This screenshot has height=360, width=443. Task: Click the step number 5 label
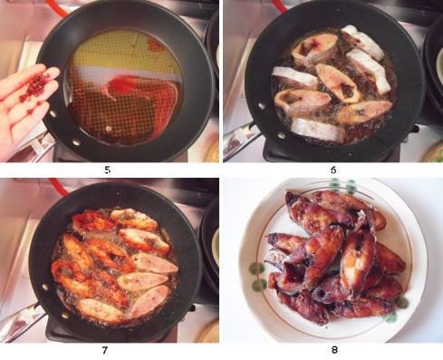(x=107, y=170)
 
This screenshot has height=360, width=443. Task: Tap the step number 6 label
(x=333, y=170)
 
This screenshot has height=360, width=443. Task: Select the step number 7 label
(x=105, y=350)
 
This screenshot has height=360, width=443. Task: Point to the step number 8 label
(x=334, y=350)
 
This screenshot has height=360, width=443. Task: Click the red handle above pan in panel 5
(x=57, y=7)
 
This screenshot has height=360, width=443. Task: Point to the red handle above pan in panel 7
(x=60, y=186)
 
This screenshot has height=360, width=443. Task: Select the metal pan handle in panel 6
(x=240, y=139)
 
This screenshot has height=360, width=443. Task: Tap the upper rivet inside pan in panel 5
(x=53, y=113)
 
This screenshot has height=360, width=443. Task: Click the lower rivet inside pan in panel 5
(x=75, y=141)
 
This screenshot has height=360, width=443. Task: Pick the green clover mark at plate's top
(x=342, y=186)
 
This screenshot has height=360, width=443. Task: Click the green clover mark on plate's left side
(x=257, y=277)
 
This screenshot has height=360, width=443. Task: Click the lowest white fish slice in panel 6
(x=317, y=130)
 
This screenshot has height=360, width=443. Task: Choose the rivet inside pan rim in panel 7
(x=45, y=286)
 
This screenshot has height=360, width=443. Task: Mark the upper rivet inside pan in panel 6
(x=261, y=105)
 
